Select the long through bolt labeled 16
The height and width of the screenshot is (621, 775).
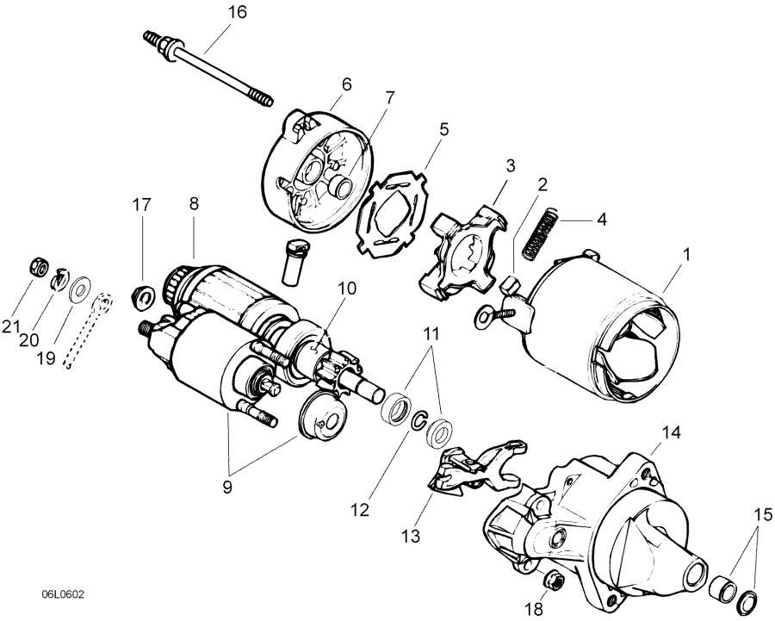(x=208, y=68)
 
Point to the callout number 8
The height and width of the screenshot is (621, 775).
(x=194, y=204)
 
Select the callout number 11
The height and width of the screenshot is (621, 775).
(x=431, y=332)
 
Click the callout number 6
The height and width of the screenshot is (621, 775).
(x=346, y=84)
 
